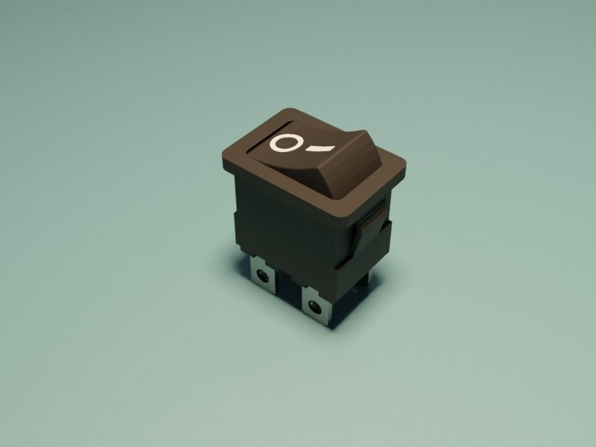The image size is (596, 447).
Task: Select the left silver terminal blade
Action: pos(263,274)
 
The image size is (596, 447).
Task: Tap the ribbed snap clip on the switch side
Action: pos(370,220)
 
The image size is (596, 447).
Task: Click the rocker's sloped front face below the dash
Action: pos(328,175)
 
